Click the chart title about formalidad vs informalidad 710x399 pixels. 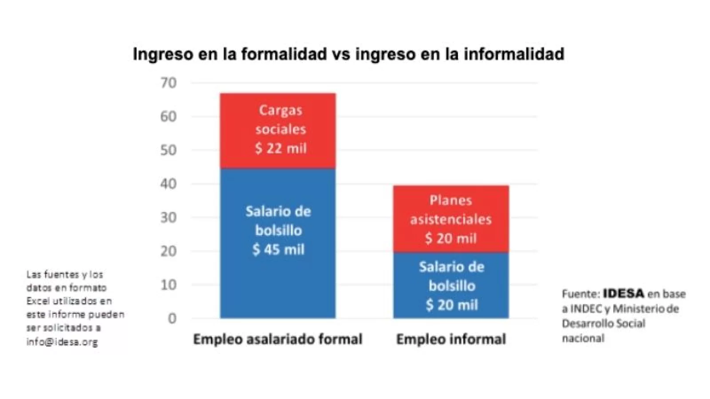click(348, 54)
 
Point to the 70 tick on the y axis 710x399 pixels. click(169, 83)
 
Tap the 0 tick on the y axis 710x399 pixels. click(172, 318)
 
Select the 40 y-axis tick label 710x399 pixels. click(169, 184)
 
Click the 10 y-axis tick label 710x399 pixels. click(169, 285)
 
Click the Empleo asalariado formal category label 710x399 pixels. click(278, 339)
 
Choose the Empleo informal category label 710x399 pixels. click(451, 339)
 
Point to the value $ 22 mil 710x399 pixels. click(280, 148)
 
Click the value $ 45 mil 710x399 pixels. click(279, 249)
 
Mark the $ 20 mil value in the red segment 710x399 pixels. click(451, 239)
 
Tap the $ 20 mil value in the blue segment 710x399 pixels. click(452, 305)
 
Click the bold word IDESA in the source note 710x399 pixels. click(623, 293)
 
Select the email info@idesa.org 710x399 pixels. click(62, 342)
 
